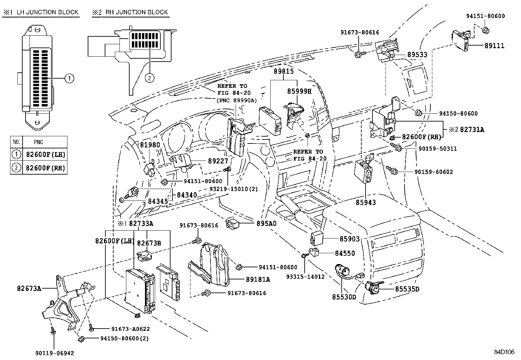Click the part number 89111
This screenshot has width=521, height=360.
tap(494, 46)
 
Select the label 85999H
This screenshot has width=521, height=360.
tap(299, 91)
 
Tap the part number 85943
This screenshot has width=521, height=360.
tap(366, 202)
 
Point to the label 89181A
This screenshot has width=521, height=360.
tap(258, 279)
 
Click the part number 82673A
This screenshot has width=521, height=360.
tap(29, 288)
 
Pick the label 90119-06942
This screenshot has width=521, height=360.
tap(55, 353)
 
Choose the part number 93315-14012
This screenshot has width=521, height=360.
tap(305, 276)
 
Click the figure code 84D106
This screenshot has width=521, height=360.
tap(504, 352)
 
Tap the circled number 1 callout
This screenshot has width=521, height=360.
tap(69, 78)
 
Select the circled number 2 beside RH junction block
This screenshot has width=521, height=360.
tap(149, 78)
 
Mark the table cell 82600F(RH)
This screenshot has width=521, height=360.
tap(45, 168)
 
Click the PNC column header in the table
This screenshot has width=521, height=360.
tap(38, 142)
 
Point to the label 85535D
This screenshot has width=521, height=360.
tap(407, 289)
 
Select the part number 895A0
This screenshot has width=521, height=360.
tap(266, 223)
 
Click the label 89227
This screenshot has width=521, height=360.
tap(218, 161)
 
